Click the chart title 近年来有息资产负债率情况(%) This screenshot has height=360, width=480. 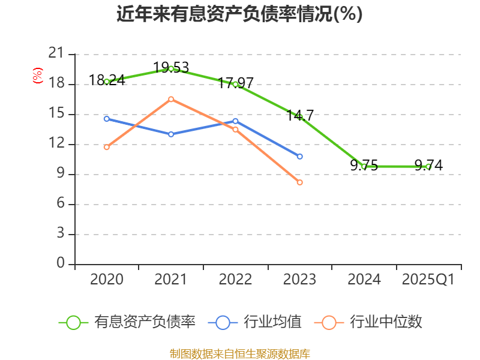[239, 14]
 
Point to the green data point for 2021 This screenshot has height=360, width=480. [171, 68]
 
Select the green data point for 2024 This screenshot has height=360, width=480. [364, 166]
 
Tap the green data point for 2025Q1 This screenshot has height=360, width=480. [428, 166]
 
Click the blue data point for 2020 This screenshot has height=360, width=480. [107, 119]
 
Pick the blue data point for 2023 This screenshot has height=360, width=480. [299, 157]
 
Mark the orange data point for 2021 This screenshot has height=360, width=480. [171, 99]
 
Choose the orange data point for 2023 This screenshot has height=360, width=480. [299, 182]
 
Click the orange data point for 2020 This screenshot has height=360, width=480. [107, 147]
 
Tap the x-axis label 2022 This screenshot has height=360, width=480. [235, 280]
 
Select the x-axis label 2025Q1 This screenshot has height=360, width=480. [428, 280]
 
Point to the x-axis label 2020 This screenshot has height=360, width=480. [107, 280]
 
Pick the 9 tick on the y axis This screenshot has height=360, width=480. [60, 174]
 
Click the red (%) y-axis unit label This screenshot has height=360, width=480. [38, 76]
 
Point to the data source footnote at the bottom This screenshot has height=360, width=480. [239, 353]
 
